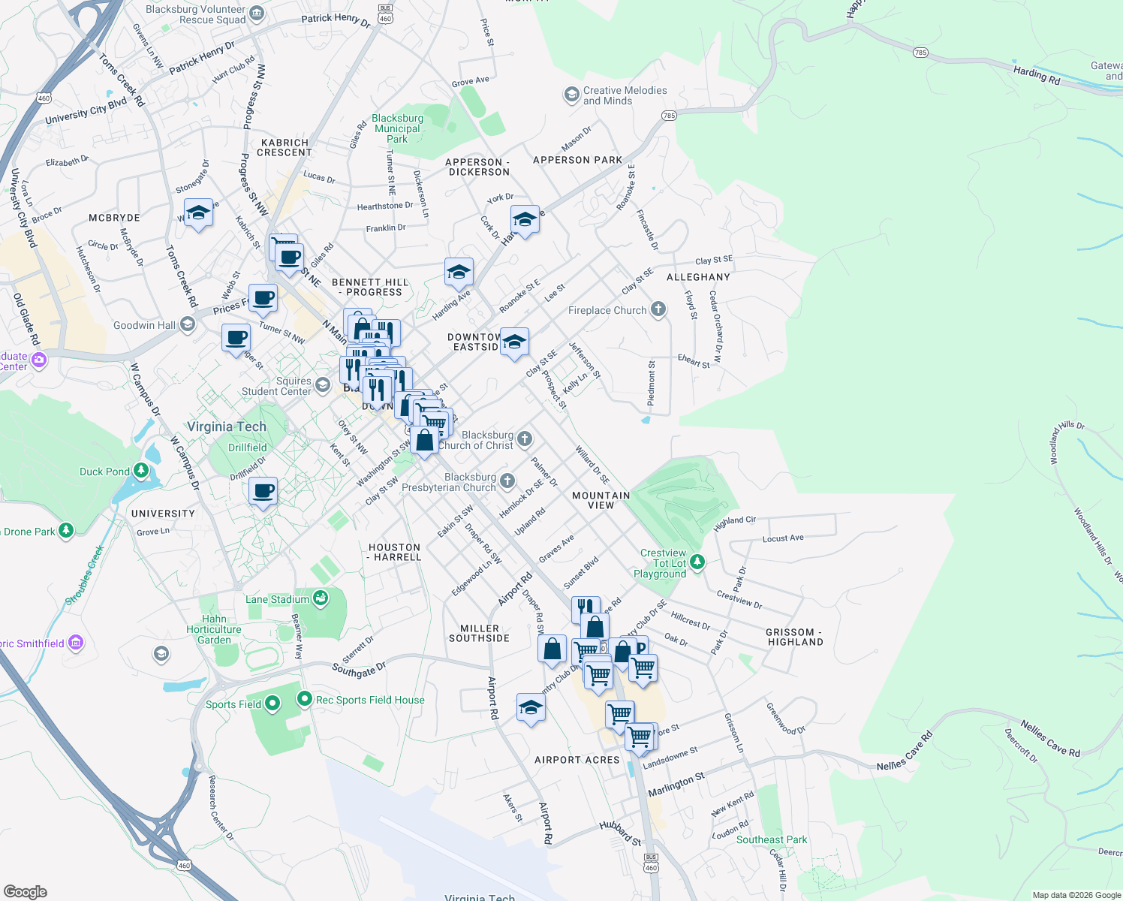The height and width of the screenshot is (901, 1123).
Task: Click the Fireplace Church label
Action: [x=607, y=310]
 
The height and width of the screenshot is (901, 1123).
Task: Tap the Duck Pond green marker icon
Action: [x=141, y=471]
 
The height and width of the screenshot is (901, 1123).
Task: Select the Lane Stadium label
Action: [x=277, y=599]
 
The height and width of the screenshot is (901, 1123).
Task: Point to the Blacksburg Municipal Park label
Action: [x=397, y=128]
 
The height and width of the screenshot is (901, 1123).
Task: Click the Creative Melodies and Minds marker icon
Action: [x=571, y=95]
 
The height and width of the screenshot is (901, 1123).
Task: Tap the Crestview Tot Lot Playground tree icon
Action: [x=697, y=562]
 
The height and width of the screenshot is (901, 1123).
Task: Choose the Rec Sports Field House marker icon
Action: [x=304, y=699]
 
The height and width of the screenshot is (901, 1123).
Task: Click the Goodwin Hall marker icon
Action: [x=187, y=324]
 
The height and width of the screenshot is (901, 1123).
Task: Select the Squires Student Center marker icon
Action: [x=322, y=385]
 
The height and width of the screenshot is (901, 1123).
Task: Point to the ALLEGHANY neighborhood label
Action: [x=698, y=277]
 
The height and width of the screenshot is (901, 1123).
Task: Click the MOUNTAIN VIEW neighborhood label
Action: [x=601, y=500]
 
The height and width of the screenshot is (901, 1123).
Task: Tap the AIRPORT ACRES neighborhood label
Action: [x=577, y=760]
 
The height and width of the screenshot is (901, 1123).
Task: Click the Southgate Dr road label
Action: [x=359, y=669]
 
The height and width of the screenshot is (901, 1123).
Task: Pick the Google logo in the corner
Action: [x=26, y=891]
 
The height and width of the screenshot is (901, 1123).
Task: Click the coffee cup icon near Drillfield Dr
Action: [x=263, y=492]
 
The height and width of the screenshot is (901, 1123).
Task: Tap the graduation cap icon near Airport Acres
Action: [x=531, y=707]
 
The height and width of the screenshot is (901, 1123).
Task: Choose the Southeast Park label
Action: [x=771, y=839]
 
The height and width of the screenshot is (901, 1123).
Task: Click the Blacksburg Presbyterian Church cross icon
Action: [x=507, y=481]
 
